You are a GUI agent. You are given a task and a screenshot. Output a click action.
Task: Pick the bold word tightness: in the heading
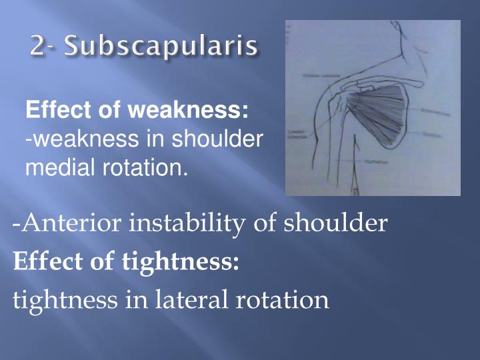(181, 262)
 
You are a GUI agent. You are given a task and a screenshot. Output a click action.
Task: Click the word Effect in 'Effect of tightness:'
(43, 262)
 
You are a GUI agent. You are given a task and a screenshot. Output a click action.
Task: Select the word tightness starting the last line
(64, 300)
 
